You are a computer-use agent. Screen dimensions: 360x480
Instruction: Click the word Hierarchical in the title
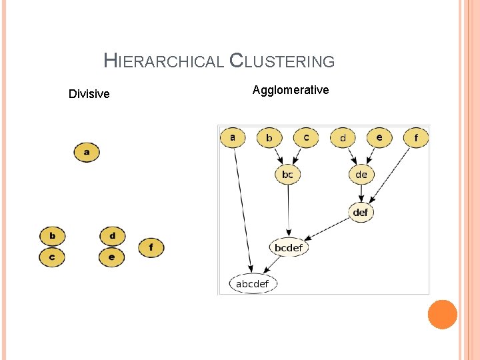[x=163, y=61]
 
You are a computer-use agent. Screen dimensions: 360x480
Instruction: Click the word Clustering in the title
[x=282, y=61]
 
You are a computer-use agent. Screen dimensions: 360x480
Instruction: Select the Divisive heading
[x=89, y=94]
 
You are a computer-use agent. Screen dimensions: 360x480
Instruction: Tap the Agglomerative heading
[x=291, y=90]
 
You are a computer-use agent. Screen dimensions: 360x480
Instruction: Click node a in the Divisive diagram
[x=86, y=152]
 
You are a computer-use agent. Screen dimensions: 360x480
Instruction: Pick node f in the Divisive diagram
[x=151, y=247]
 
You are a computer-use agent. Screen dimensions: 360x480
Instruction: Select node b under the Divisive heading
[x=52, y=236]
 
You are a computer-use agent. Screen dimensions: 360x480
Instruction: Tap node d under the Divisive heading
[x=112, y=236]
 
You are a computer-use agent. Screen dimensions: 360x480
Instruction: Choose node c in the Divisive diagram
[x=52, y=257]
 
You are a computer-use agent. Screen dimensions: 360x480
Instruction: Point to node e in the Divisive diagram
[x=112, y=257]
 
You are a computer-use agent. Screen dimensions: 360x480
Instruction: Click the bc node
[x=287, y=175]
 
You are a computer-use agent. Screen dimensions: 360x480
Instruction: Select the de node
[x=361, y=175]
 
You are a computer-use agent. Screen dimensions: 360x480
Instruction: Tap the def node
[x=360, y=213]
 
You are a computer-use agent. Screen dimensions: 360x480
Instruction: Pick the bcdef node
[x=289, y=248]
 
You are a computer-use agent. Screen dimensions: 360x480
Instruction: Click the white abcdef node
[x=253, y=284]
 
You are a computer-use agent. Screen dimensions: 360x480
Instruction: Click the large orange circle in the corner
[x=442, y=314]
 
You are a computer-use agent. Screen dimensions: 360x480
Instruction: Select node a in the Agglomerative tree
[x=233, y=138]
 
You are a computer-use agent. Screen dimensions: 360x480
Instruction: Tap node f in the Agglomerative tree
[x=417, y=138]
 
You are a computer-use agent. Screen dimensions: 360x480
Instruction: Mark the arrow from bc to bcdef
[x=288, y=210]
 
